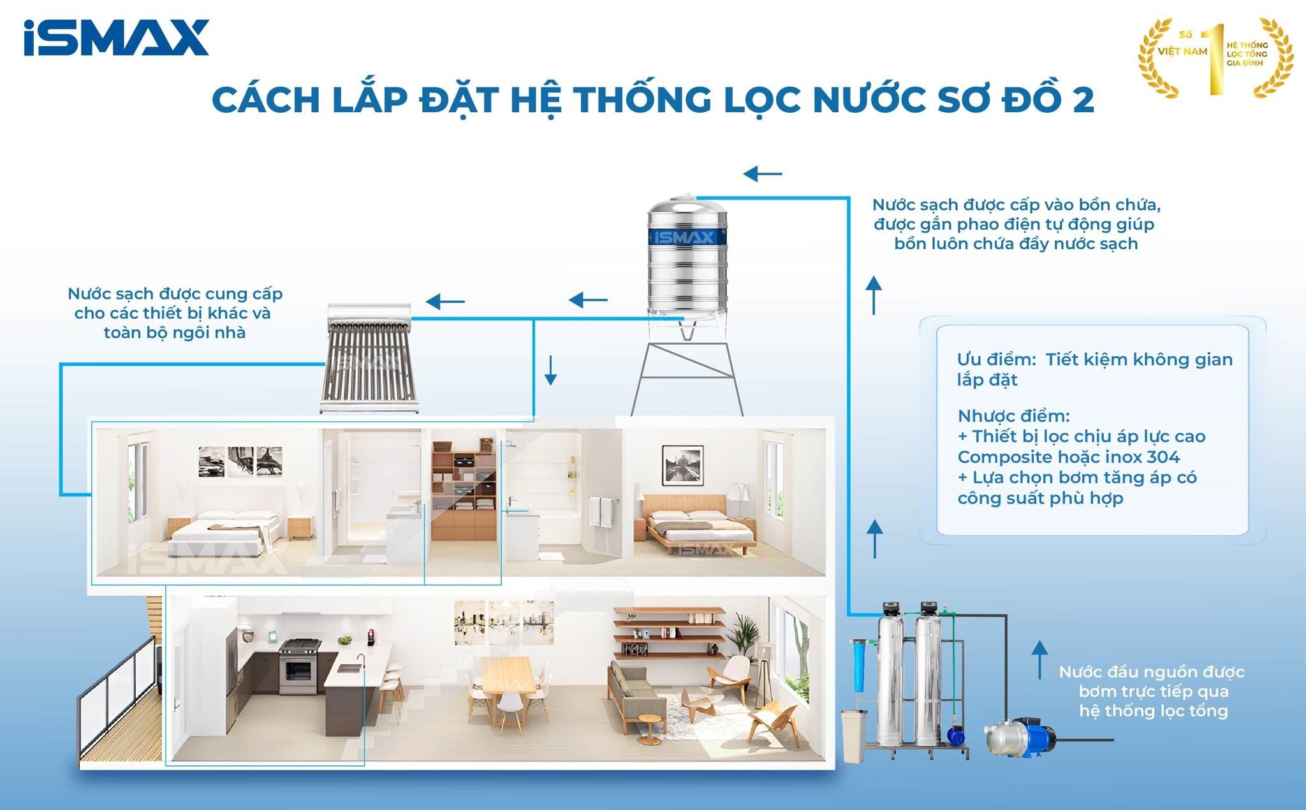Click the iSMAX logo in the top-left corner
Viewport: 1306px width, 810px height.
[116, 38]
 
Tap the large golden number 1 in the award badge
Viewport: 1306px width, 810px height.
[1216, 59]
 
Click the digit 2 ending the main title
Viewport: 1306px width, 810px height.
[1083, 99]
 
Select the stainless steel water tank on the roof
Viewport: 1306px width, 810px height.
[687, 261]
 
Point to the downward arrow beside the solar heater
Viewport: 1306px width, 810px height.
[550, 370]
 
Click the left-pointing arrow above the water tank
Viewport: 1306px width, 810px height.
[763, 173]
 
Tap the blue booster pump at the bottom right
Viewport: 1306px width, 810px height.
[1018, 737]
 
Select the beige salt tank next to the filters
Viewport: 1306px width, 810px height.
[854, 736]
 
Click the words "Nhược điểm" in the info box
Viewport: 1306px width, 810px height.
[1013, 416]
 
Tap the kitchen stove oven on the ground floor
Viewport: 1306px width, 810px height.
[298, 667]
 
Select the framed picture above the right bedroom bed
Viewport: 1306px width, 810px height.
[682, 463]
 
